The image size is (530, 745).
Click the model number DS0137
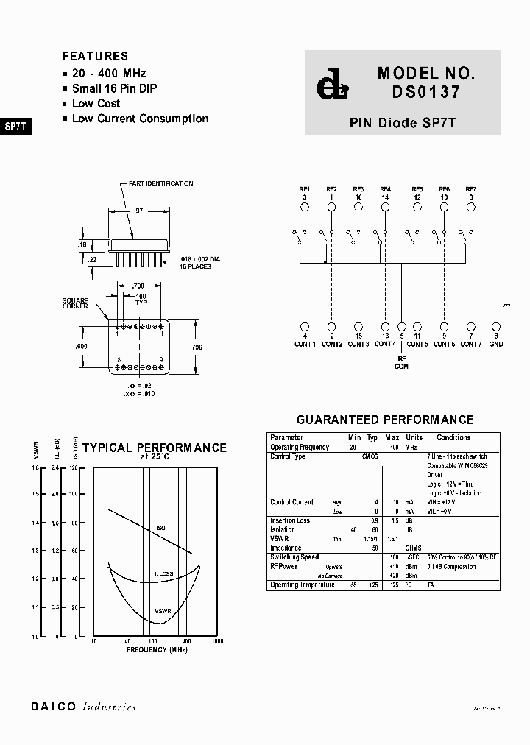pos(426,93)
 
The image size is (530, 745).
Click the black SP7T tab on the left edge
pos(15,126)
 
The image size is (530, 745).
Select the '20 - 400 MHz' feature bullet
pos(108,73)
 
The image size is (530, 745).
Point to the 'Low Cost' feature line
pos(96,103)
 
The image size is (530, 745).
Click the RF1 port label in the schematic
pos(304,189)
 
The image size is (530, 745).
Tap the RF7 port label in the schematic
pos(471,189)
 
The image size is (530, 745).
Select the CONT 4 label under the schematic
pos(385,344)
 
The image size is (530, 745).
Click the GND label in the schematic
pos(496,344)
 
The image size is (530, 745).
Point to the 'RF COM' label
pos(401,361)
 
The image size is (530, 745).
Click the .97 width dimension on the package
pos(138,211)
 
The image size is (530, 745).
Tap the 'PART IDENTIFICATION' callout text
pos(160,183)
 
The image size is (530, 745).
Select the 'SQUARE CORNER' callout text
pos(76,303)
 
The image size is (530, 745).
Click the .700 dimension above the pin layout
pos(138,285)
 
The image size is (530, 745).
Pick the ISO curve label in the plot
pos(161,529)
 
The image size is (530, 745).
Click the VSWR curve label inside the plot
pos(163,611)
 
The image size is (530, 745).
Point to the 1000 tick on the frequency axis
pos(217,641)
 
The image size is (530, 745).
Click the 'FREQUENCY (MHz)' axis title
pos(157,650)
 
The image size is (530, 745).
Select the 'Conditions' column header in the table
pos(453,437)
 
